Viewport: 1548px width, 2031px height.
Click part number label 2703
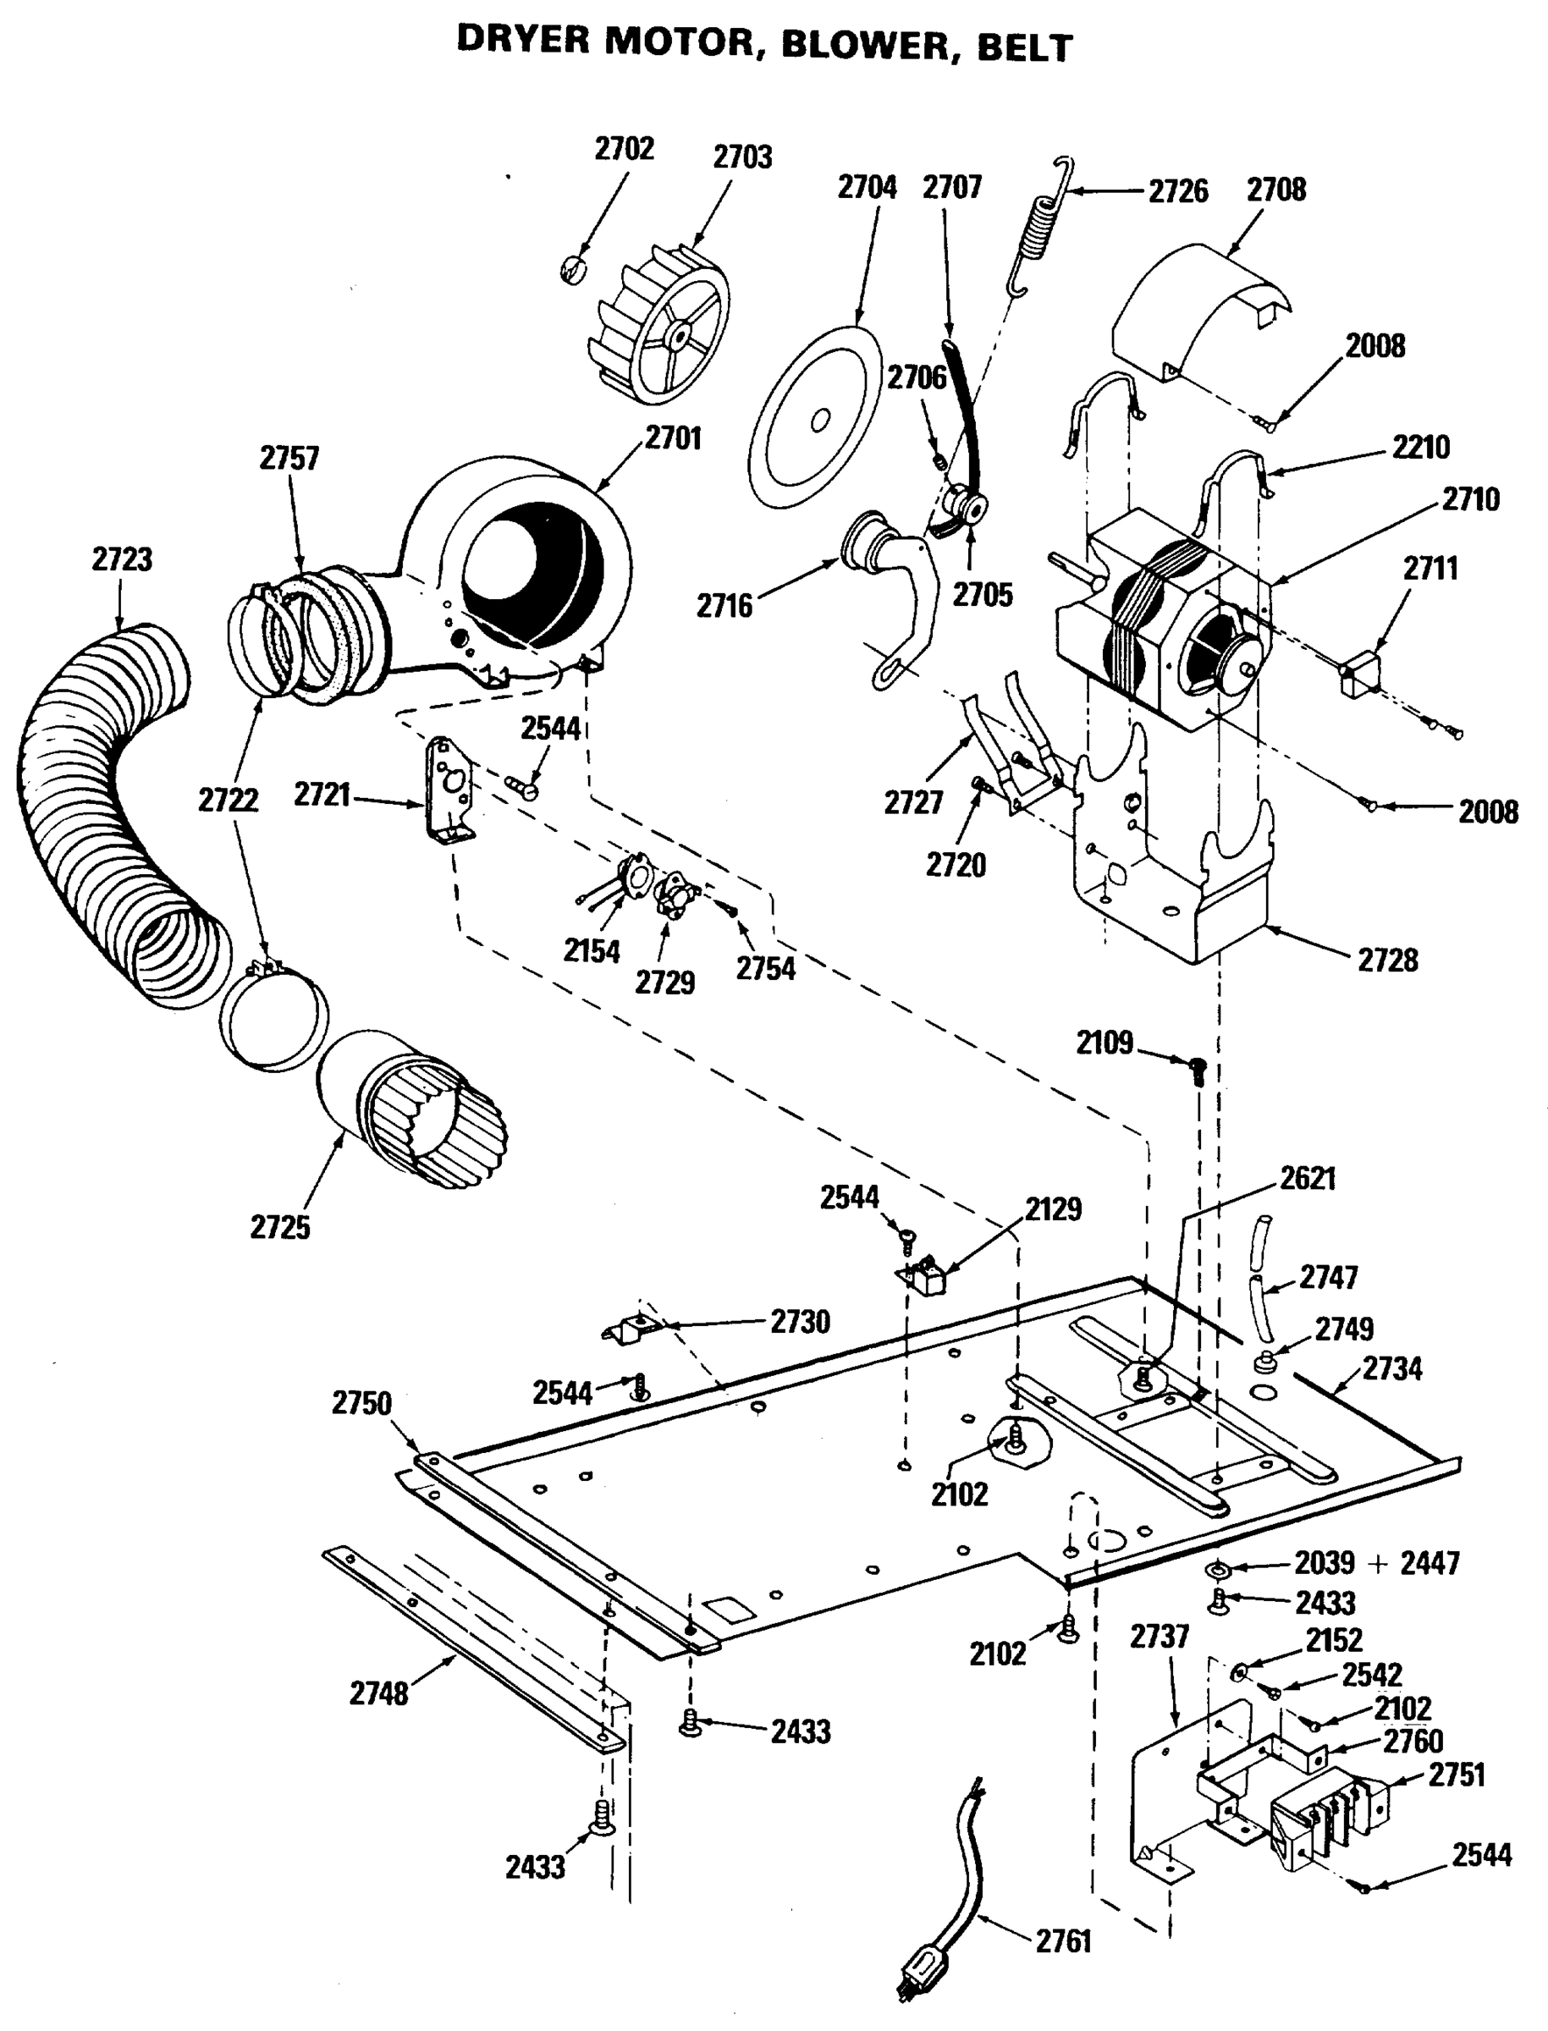[742, 157]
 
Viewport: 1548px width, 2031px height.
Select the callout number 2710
[1471, 500]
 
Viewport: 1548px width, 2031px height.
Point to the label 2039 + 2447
[1377, 1563]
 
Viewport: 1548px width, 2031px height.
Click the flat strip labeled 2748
[470, 1648]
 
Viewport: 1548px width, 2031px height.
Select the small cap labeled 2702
[573, 270]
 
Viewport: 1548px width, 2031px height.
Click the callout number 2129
[1053, 1209]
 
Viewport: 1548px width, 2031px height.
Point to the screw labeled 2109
[1197, 1069]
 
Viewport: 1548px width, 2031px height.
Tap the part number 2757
[289, 458]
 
